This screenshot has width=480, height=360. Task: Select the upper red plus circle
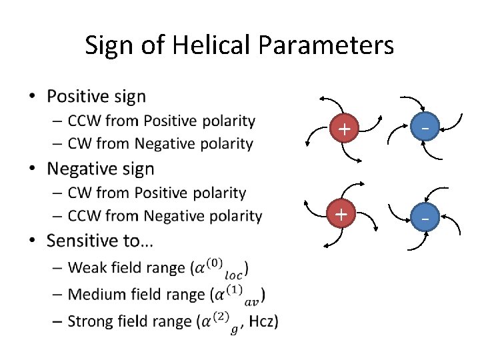tap(343, 129)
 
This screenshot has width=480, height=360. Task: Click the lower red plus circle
tap(341, 215)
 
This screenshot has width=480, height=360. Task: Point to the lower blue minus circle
tap(423, 217)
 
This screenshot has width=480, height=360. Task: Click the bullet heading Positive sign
tap(96, 97)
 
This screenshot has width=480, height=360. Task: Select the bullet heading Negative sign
tap(100, 169)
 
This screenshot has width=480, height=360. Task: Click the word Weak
tap(87, 268)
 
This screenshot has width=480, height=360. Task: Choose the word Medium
tap(94, 295)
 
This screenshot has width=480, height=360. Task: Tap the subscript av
tap(252, 301)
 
